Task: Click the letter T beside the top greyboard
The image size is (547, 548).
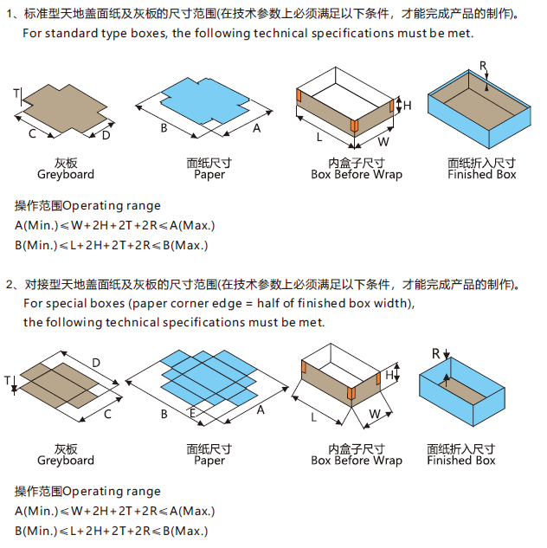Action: pos(16,93)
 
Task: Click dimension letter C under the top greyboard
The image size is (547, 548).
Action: pos(32,133)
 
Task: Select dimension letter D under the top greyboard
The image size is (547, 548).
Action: pos(106,135)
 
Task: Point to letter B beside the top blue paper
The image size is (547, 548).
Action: pos(163,128)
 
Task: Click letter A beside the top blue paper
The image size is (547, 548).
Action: pos(256,128)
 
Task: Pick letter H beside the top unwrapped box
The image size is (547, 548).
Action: pos(408,106)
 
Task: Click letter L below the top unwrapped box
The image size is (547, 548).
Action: pos(319,137)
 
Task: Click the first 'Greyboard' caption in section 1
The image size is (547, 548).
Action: pos(66,174)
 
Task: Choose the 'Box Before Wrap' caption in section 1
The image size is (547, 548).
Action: pos(357,174)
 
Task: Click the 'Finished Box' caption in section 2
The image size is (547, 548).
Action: pos(460,461)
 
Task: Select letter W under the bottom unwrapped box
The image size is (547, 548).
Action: pos(374,414)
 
